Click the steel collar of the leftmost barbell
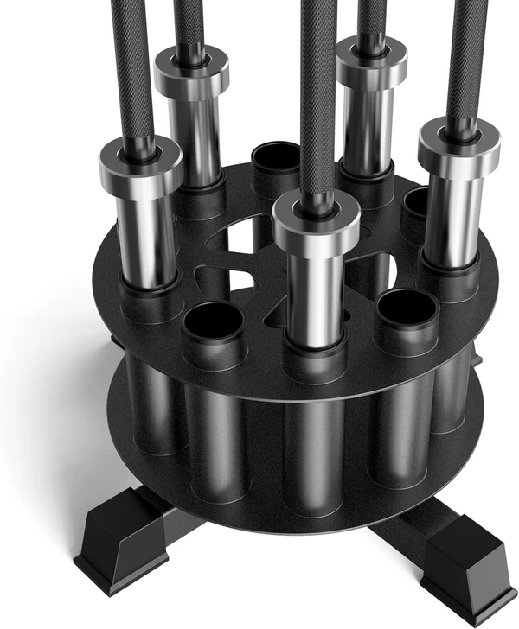140,164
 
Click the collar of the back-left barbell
191,74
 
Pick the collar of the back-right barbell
371,62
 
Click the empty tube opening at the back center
276,159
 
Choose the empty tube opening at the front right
406,308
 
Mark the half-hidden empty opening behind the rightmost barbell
415,203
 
